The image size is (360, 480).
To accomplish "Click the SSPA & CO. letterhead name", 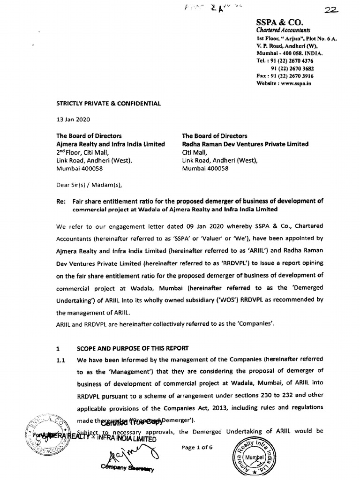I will [280, 22].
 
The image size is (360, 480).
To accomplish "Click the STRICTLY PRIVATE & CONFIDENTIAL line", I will [108, 104].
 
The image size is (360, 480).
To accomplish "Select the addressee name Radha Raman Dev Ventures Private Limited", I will [245, 144].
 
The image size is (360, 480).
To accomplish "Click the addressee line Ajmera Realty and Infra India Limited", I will [111, 144].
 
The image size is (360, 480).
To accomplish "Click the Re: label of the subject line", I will [61, 201].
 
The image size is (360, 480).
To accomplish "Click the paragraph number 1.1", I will [60, 360].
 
